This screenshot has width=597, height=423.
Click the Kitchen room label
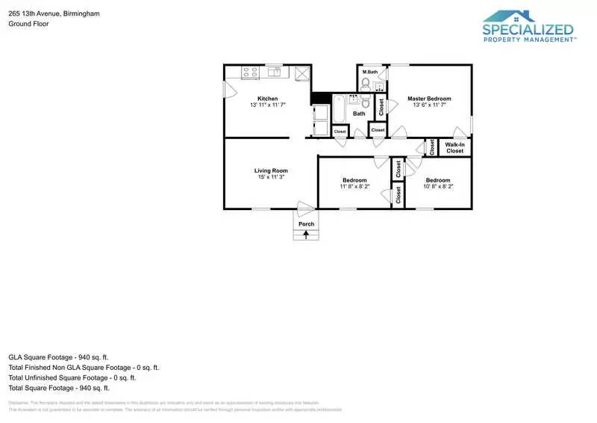[x=268, y=99]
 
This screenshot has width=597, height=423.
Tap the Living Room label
[x=271, y=170]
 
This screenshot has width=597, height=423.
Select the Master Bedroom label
[x=429, y=99]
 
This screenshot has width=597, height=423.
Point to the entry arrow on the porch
[x=306, y=235]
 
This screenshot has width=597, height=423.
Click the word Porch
[x=306, y=224]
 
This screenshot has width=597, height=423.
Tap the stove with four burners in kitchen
[x=249, y=72]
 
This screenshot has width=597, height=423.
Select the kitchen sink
[x=274, y=72]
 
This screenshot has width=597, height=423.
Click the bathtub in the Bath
[x=340, y=108]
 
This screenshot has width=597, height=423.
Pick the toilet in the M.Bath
[x=366, y=84]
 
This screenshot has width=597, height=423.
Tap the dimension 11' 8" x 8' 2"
[x=354, y=187]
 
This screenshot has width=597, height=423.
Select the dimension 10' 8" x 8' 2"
[x=438, y=187]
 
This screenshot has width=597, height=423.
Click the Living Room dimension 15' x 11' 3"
[x=271, y=177]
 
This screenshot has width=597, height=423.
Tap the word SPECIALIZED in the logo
[x=528, y=31]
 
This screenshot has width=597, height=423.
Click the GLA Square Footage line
[x=58, y=357]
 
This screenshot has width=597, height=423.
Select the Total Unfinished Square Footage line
[x=72, y=377]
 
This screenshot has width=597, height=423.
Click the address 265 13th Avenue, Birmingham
[x=53, y=13]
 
